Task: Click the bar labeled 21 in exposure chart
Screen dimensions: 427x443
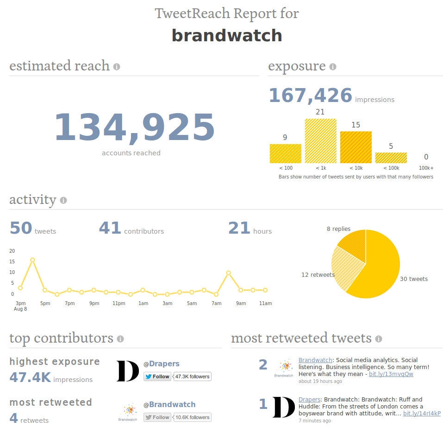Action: (320, 140)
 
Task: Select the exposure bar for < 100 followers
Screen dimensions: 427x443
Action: (285, 153)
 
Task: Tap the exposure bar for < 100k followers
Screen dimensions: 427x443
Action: (391, 158)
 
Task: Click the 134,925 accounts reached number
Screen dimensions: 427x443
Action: (134, 127)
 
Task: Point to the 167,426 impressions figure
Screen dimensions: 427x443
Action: (311, 96)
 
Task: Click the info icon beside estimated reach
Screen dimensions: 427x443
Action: (117, 67)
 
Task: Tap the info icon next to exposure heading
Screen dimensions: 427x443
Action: (332, 67)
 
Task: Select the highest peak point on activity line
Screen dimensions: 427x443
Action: (32, 260)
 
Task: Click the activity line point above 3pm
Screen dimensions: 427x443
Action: (20, 288)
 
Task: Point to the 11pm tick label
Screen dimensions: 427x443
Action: (119, 303)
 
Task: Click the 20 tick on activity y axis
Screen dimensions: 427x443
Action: (12, 251)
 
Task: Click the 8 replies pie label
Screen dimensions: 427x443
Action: (338, 229)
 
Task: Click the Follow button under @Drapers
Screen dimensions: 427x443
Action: (157, 376)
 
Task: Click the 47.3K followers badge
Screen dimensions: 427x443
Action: (193, 376)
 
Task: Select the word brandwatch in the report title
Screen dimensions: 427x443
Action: (227, 36)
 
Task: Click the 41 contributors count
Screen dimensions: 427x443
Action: (110, 228)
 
